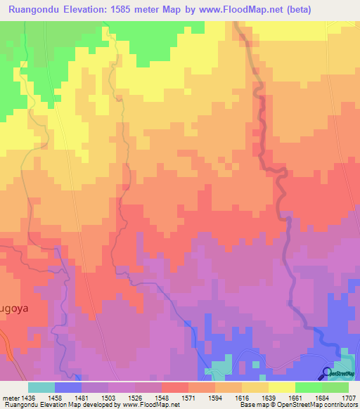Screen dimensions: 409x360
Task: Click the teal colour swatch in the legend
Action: coord(41,387)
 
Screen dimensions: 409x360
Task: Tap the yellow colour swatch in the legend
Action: coord(281,387)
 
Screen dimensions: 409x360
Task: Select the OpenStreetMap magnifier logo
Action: coord(326,375)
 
